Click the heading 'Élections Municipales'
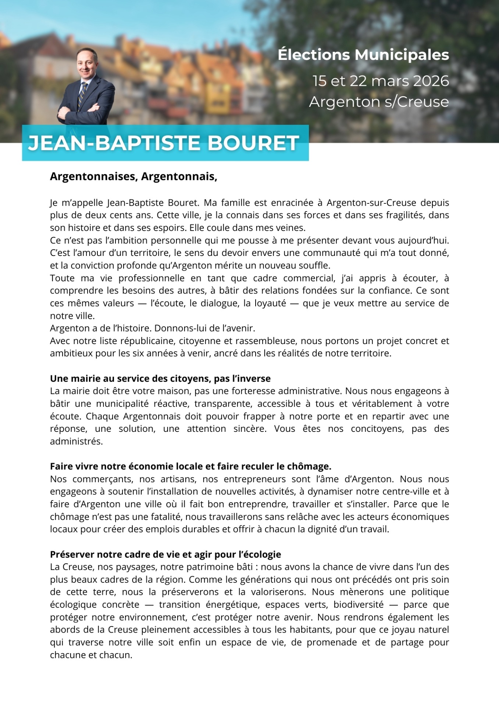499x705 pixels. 363,55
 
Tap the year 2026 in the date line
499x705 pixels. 431,81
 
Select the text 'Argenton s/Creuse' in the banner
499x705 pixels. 379,102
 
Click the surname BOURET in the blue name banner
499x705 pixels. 253,143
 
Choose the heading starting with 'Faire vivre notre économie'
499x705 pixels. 190,466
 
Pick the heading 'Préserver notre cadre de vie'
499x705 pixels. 165,554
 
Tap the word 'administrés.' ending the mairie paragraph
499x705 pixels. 76,441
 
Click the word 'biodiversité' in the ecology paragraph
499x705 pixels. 358,605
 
